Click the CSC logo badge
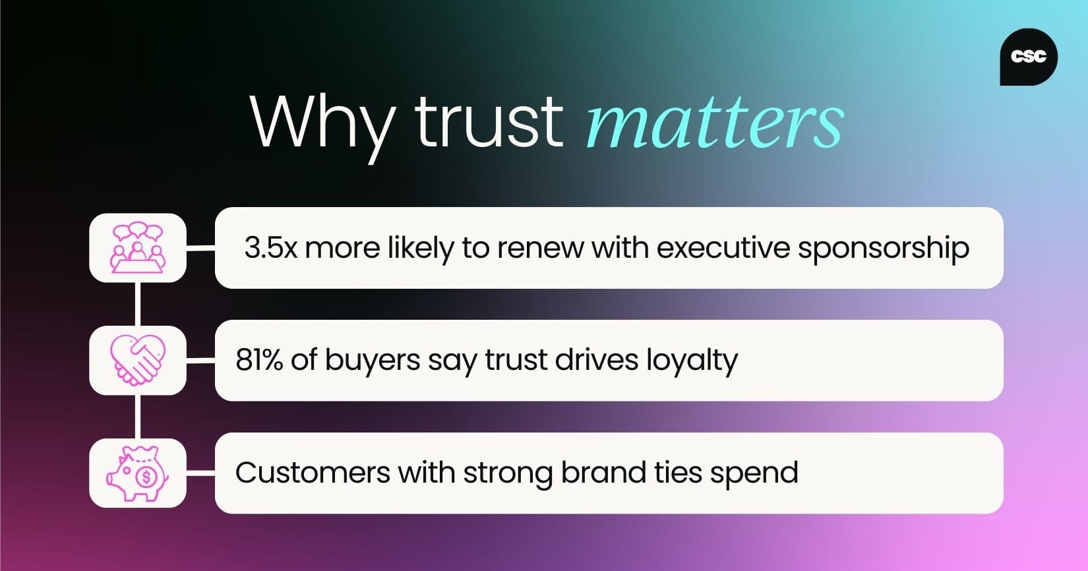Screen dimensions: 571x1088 point(1028,57)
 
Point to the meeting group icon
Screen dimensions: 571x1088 point(137,248)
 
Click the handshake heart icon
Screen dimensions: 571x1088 point(137,360)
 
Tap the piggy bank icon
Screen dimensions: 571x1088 point(137,473)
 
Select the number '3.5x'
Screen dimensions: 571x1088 point(270,248)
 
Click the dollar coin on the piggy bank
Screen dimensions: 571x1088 point(146,475)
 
